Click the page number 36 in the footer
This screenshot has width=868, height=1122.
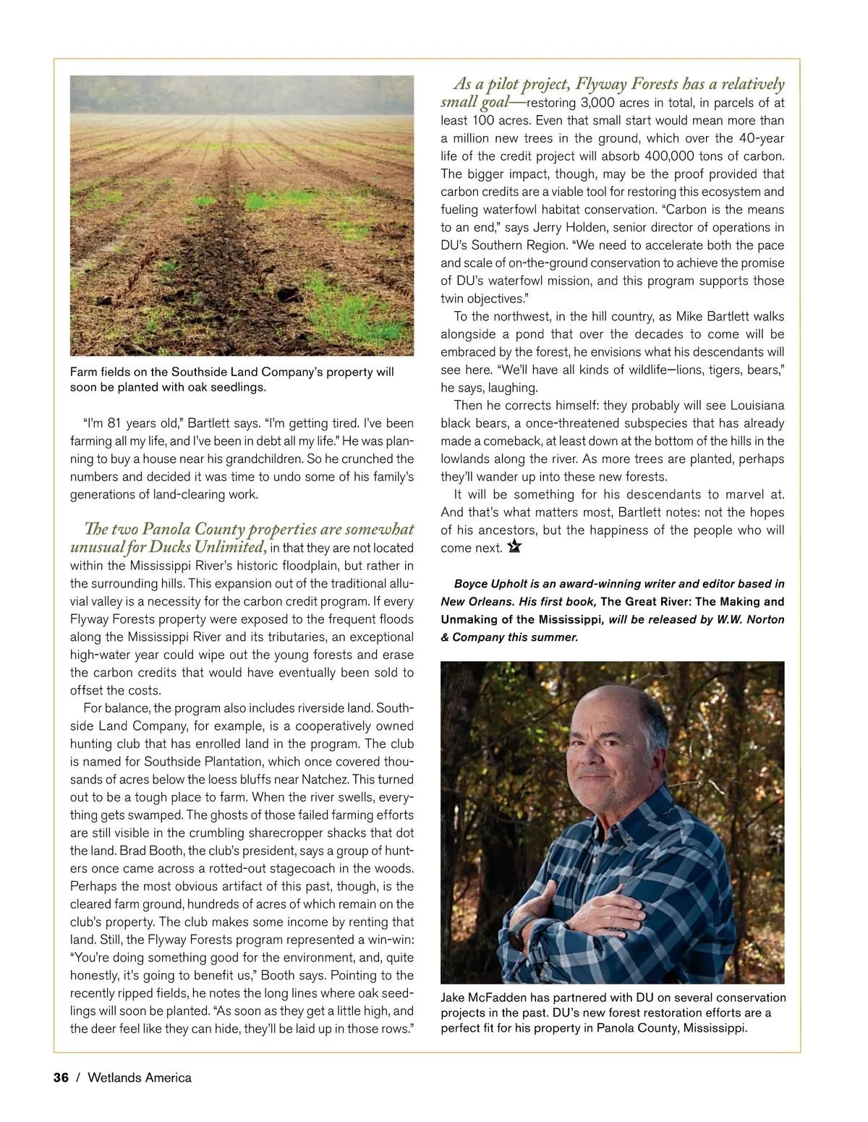pos(61,1078)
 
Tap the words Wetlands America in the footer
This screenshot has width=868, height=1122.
pos(140,1078)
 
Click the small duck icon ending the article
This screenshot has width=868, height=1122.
pos(514,547)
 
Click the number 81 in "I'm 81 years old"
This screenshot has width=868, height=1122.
pos(115,423)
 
